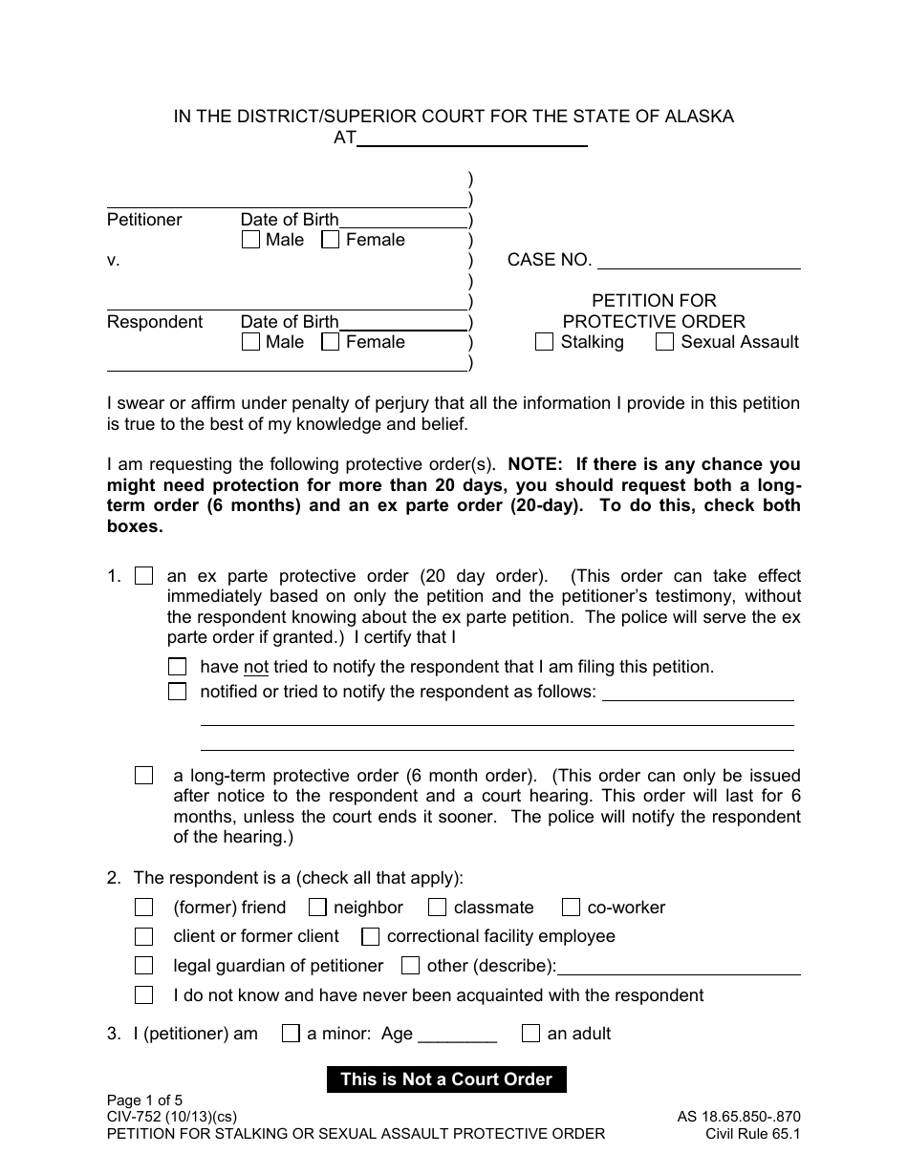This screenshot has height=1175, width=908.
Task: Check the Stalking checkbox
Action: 545,342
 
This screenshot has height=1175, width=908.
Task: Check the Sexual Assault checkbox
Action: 664,342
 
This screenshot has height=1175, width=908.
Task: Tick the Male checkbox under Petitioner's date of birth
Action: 250,240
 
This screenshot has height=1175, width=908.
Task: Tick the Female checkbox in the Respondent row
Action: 331,342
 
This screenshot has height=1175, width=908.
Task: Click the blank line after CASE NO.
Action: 699,261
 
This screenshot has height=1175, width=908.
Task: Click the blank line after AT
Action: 472,139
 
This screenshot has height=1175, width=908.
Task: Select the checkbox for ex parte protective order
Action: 143,576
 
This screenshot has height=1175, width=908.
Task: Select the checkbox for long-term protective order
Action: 143,776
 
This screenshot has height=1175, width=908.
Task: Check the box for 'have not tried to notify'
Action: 177,667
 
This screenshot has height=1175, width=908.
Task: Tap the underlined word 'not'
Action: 255,667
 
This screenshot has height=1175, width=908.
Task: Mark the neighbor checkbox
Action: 317,908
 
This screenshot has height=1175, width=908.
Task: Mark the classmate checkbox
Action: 437,908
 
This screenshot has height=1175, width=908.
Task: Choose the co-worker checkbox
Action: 571,908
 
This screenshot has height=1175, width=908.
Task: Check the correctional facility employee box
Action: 371,936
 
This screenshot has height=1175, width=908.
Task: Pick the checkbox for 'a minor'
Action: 291,1034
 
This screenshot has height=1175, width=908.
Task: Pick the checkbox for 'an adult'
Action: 530,1034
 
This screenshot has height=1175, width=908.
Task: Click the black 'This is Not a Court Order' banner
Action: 446,1079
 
